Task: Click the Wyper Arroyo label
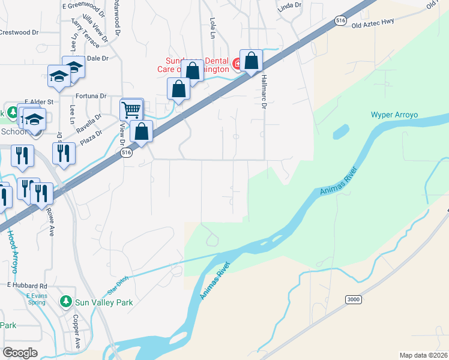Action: point(394,115)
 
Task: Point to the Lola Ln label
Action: point(212,28)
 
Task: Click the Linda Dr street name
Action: point(289,9)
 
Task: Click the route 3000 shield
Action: point(354,299)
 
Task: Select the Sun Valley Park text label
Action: point(104,302)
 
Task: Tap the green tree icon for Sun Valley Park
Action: point(66,302)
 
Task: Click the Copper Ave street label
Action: point(77,332)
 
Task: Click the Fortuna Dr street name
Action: point(91,95)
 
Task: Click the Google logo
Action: point(20,352)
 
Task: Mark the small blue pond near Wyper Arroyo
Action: point(340,131)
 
